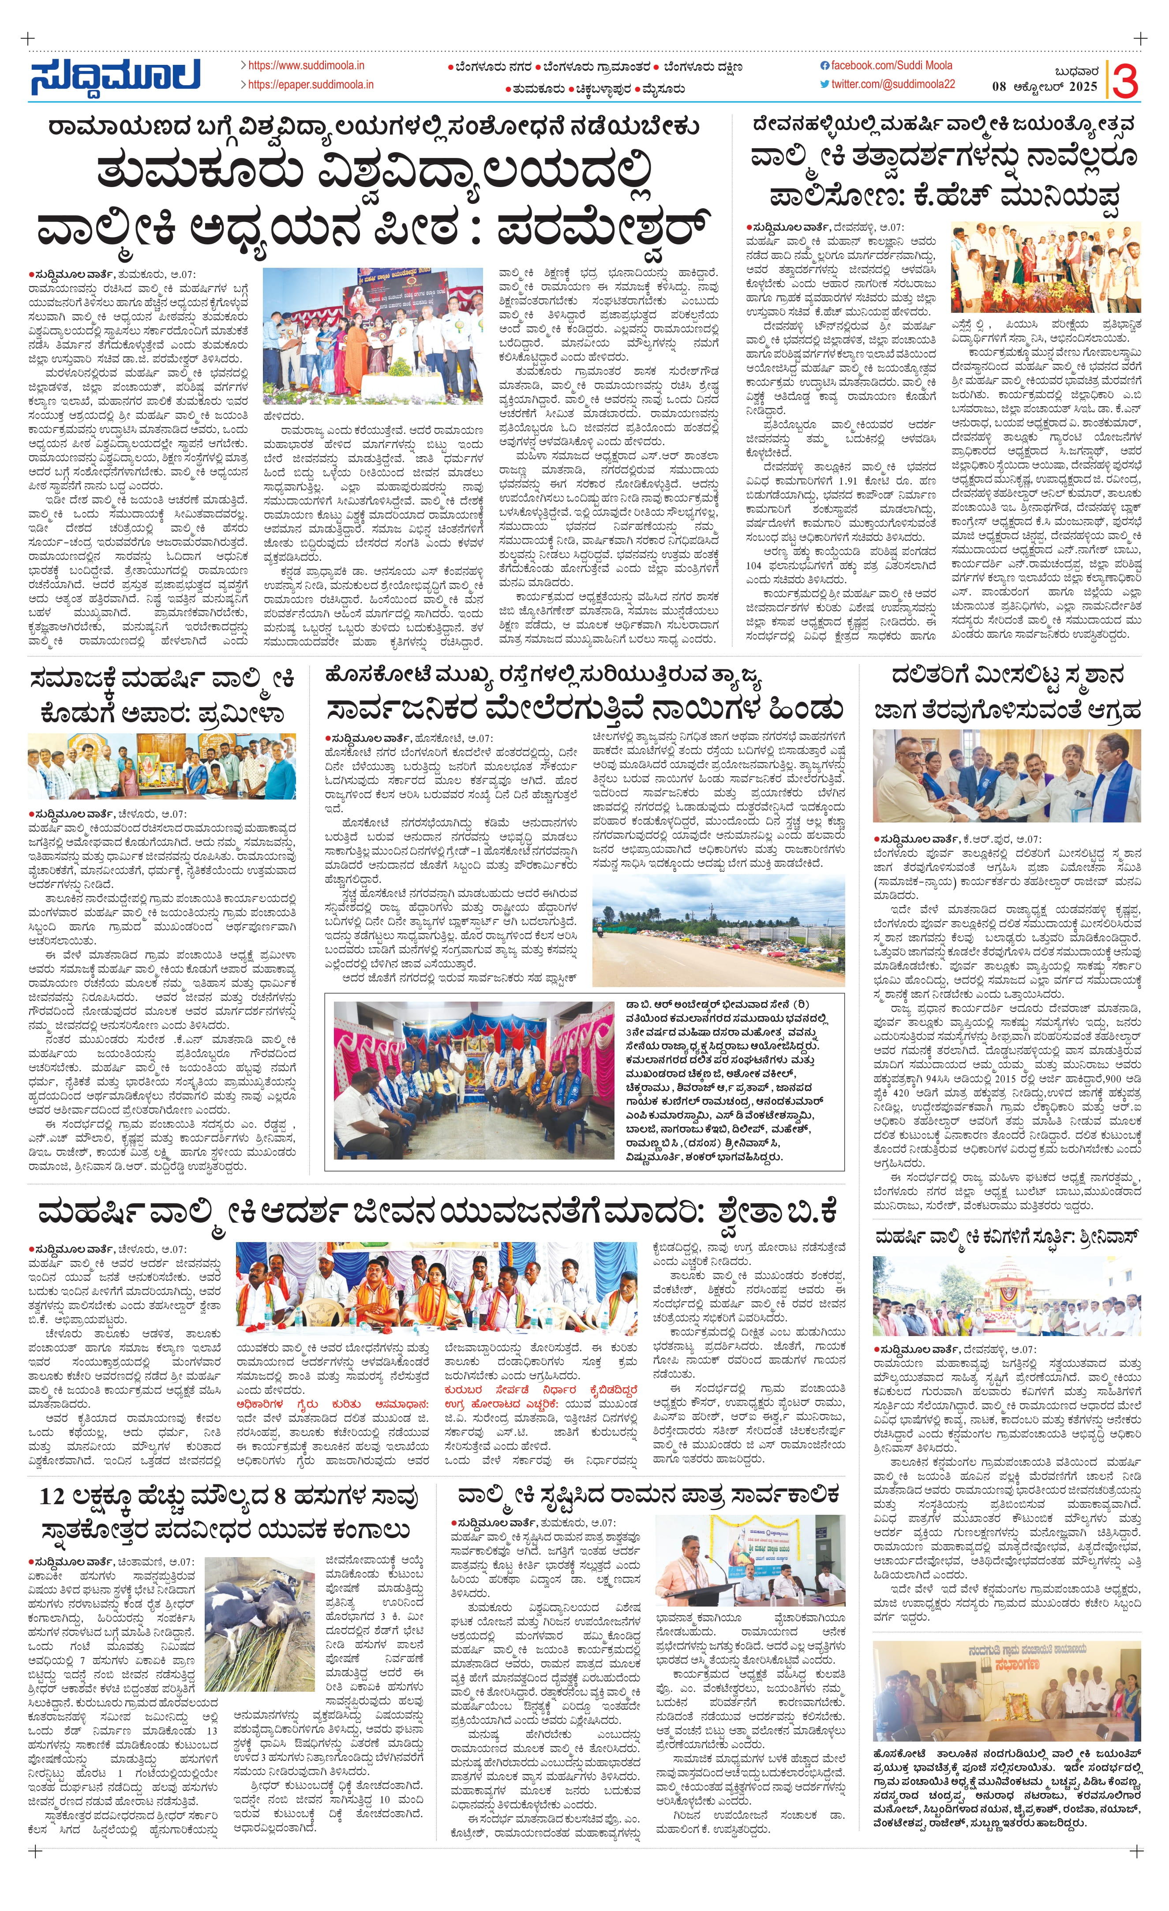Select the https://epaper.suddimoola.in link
click(x=310, y=85)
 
